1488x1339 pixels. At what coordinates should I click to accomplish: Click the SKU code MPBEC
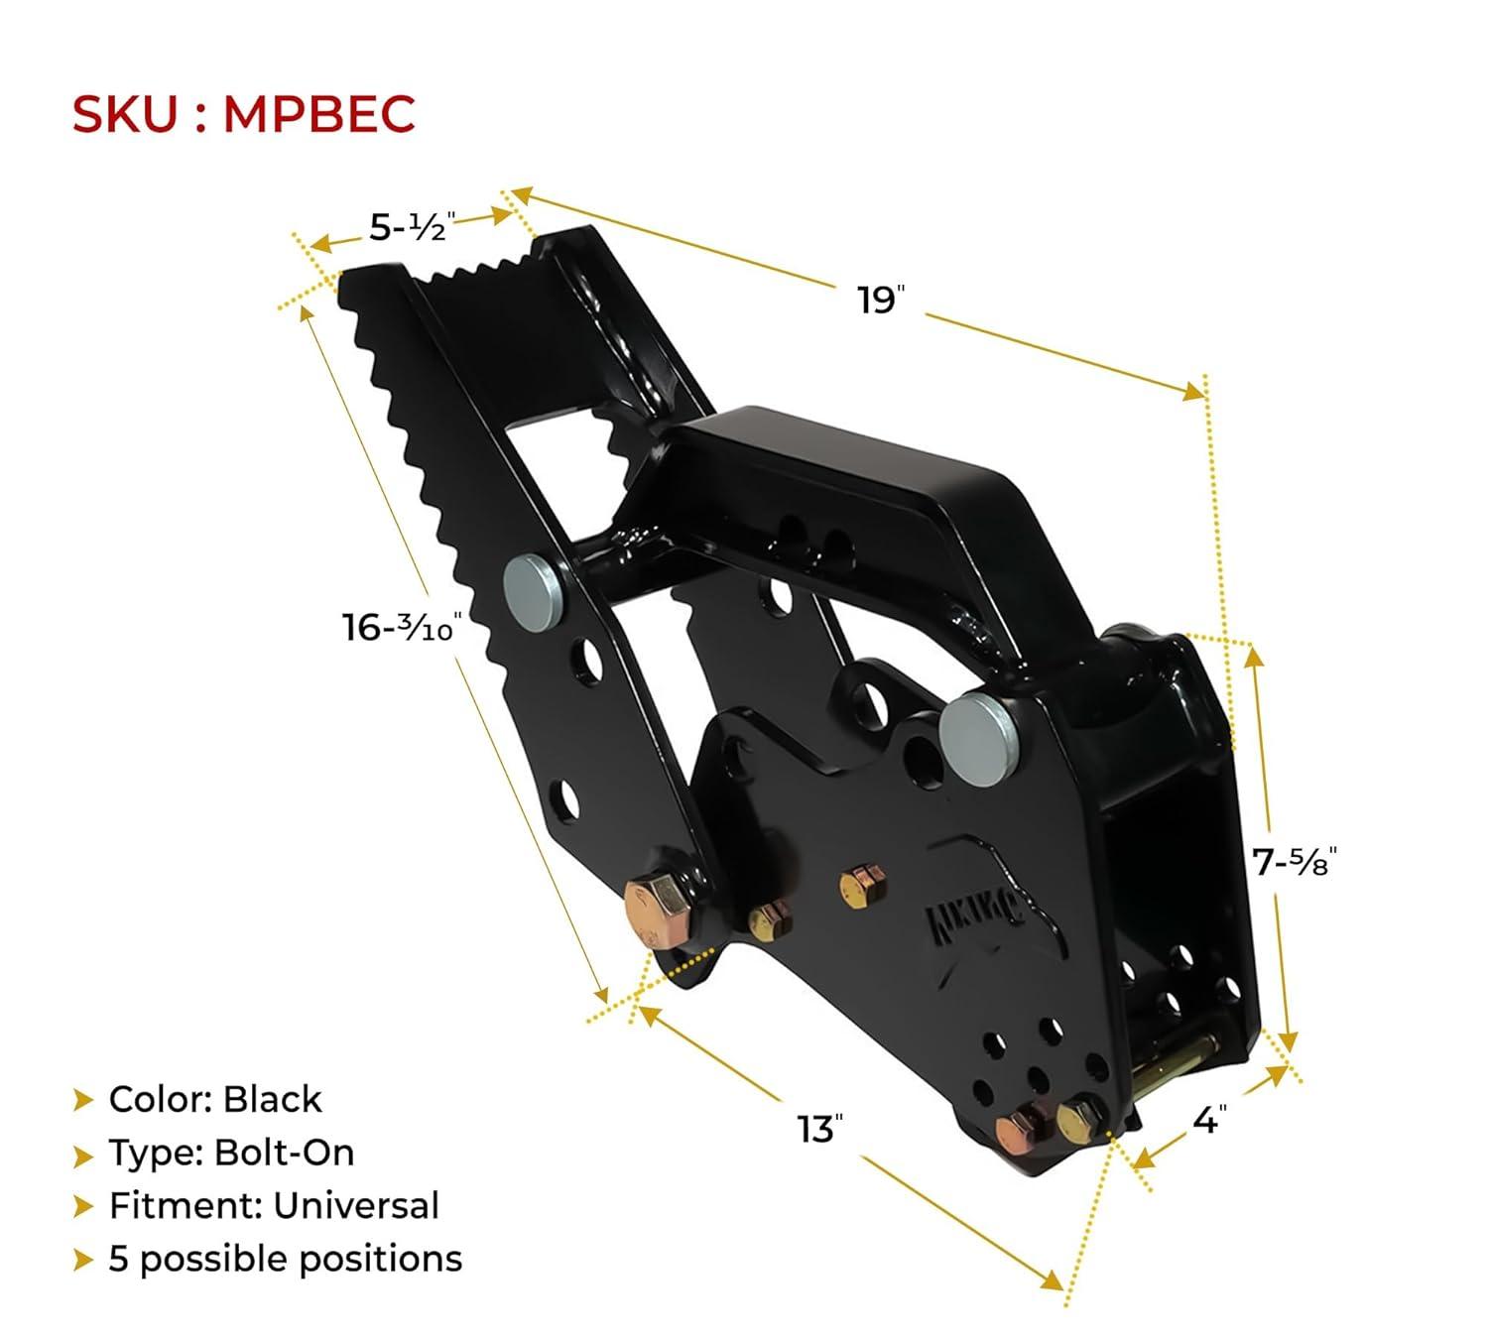318,114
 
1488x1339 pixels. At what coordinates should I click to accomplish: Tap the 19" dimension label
881,300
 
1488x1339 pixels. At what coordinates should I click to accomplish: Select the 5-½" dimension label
413,226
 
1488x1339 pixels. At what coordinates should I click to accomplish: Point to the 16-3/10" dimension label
402,628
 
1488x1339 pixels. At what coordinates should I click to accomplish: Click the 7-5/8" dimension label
1295,861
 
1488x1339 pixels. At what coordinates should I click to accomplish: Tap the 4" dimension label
1210,1120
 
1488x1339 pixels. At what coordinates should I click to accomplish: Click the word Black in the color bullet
272,1099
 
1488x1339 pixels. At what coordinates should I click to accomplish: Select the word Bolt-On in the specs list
284,1153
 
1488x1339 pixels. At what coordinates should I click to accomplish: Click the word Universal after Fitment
356,1205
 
